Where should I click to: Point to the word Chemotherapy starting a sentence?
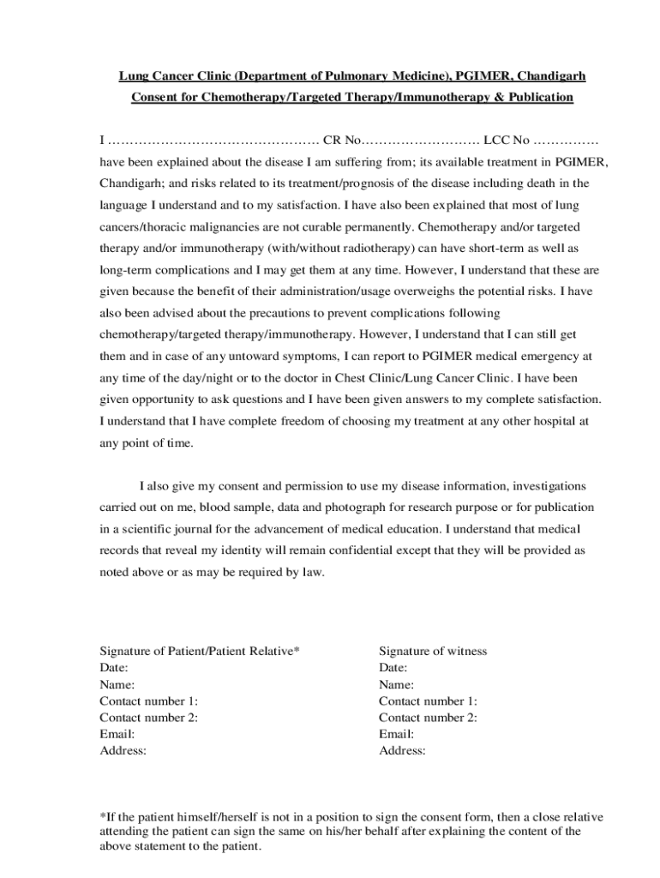pyautogui.click(x=464, y=227)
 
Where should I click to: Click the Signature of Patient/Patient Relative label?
pyautogui.click(x=200, y=651)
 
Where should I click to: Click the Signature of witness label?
pyautogui.click(x=433, y=651)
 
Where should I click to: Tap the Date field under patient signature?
pyautogui.click(x=114, y=668)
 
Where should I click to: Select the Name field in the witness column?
pyautogui.click(x=396, y=684)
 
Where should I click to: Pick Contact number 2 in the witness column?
pyautogui.click(x=428, y=718)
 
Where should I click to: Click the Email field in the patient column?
pyautogui.click(x=117, y=734)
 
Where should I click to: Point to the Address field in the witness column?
pyautogui.click(x=402, y=750)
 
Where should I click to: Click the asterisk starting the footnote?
pyautogui.click(x=103, y=816)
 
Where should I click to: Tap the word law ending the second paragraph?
pyautogui.click(x=314, y=572)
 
